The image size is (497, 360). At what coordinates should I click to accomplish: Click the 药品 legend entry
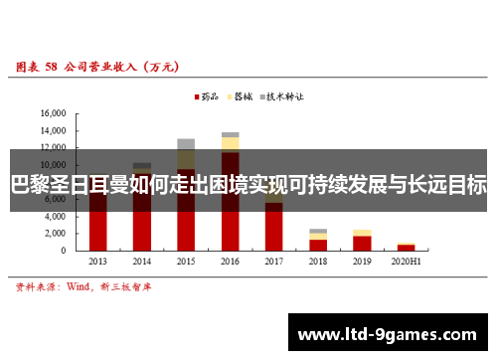(206, 97)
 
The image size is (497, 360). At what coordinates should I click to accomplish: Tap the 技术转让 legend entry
(281, 97)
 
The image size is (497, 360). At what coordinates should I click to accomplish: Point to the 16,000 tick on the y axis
(52, 114)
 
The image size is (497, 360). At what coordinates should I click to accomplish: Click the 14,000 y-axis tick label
(52, 131)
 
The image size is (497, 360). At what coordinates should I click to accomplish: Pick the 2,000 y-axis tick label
(55, 233)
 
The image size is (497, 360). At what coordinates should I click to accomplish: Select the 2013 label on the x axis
(98, 261)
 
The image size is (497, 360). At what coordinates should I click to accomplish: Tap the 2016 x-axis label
(230, 261)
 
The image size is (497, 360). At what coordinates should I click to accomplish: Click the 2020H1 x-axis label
(406, 261)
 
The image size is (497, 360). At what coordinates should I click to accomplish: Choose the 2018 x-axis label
(317, 261)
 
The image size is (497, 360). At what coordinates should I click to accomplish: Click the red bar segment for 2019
(362, 243)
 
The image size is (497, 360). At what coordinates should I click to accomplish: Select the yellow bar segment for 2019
(362, 233)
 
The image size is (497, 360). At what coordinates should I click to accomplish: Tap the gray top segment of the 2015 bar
(186, 144)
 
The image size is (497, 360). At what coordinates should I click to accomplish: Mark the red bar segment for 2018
(318, 245)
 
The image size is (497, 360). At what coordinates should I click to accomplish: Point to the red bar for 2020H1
(406, 248)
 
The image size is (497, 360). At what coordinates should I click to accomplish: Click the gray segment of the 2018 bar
(318, 231)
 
